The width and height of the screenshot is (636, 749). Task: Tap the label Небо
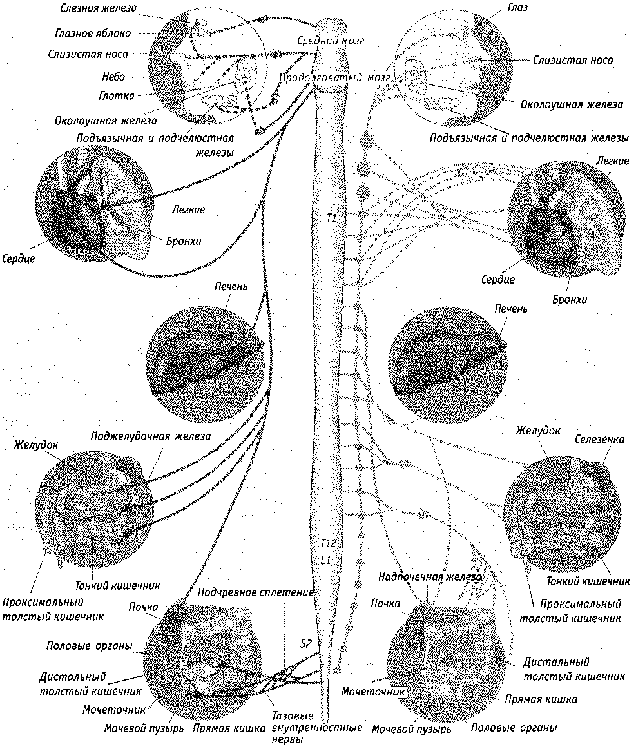pos(113,77)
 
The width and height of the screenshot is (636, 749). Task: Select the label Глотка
pos(118,96)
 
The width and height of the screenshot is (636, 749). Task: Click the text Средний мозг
pos(331,41)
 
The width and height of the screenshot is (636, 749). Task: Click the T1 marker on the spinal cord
pos(331,219)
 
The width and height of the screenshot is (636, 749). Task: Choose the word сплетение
pos(287,592)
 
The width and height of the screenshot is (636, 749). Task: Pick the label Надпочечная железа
pos(430,577)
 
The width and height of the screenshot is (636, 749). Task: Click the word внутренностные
pos(313,728)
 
